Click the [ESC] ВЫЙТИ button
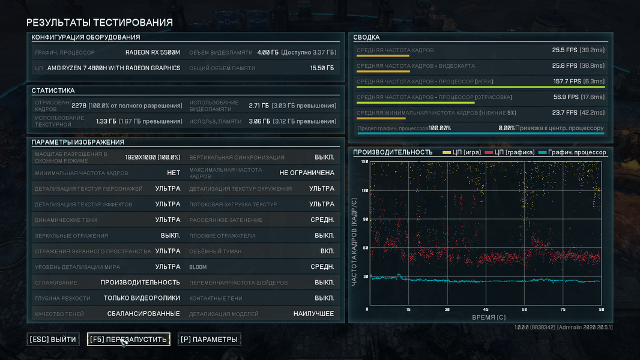pyautogui.click(x=53, y=340)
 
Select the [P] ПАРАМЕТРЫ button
pyautogui.click(x=210, y=340)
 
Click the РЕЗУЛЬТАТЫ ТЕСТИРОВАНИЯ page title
pyautogui.click(x=100, y=23)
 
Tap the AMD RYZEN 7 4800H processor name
pyautogui.click(x=113, y=68)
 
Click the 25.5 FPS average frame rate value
pyautogui.click(x=564, y=50)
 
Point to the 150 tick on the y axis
pyautogui.click(x=364, y=162)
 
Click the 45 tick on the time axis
pyautogui.click(x=485, y=310)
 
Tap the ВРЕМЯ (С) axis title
pyautogui.click(x=488, y=317)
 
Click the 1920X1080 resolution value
pyautogui.click(x=152, y=157)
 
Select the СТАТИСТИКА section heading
pyautogui.click(x=53, y=91)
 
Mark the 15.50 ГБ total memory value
pyautogui.click(x=322, y=68)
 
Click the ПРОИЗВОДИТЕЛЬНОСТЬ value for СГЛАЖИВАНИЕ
pyautogui.click(x=140, y=283)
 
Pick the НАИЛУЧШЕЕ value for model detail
pyautogui.click(x=313, y=314)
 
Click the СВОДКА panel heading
pyautogui.click(x=366, y=37)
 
